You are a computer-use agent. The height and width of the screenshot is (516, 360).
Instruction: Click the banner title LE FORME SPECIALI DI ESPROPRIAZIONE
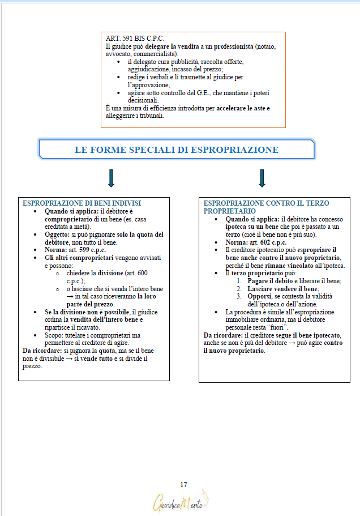[177, 150]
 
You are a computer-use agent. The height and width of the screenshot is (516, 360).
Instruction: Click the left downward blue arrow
[111, 178]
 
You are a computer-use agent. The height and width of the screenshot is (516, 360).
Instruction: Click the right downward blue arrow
[262, 178]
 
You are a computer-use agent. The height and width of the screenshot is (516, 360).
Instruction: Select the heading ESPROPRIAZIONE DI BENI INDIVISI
[82, 203]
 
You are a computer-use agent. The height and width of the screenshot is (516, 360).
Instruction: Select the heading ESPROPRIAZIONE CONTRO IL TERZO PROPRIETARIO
[266, 207]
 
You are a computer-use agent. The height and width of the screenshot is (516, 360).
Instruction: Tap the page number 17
[183, 484]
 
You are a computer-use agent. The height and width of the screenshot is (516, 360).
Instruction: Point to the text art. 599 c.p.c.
[87, 250]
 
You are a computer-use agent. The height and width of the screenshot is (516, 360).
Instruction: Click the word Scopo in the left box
[55, 335]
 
